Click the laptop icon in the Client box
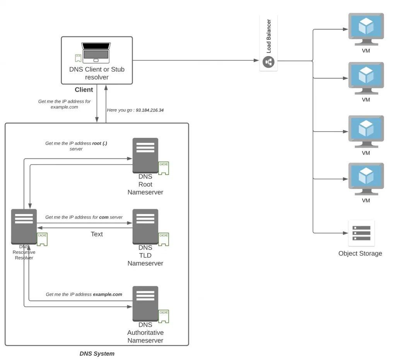96,53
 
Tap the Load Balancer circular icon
268,62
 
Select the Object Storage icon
361,233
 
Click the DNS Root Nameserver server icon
145,155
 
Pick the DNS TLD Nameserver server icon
145,226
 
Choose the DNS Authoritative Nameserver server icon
145,303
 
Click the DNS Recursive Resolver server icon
24,226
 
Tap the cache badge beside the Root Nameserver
164,168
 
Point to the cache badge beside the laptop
78,58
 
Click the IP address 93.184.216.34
150,110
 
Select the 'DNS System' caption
97,353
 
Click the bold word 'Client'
84,90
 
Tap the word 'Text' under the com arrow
97,234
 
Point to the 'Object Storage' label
360,254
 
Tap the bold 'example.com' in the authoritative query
108,295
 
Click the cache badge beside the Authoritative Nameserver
164,316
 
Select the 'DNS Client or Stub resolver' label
97,73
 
